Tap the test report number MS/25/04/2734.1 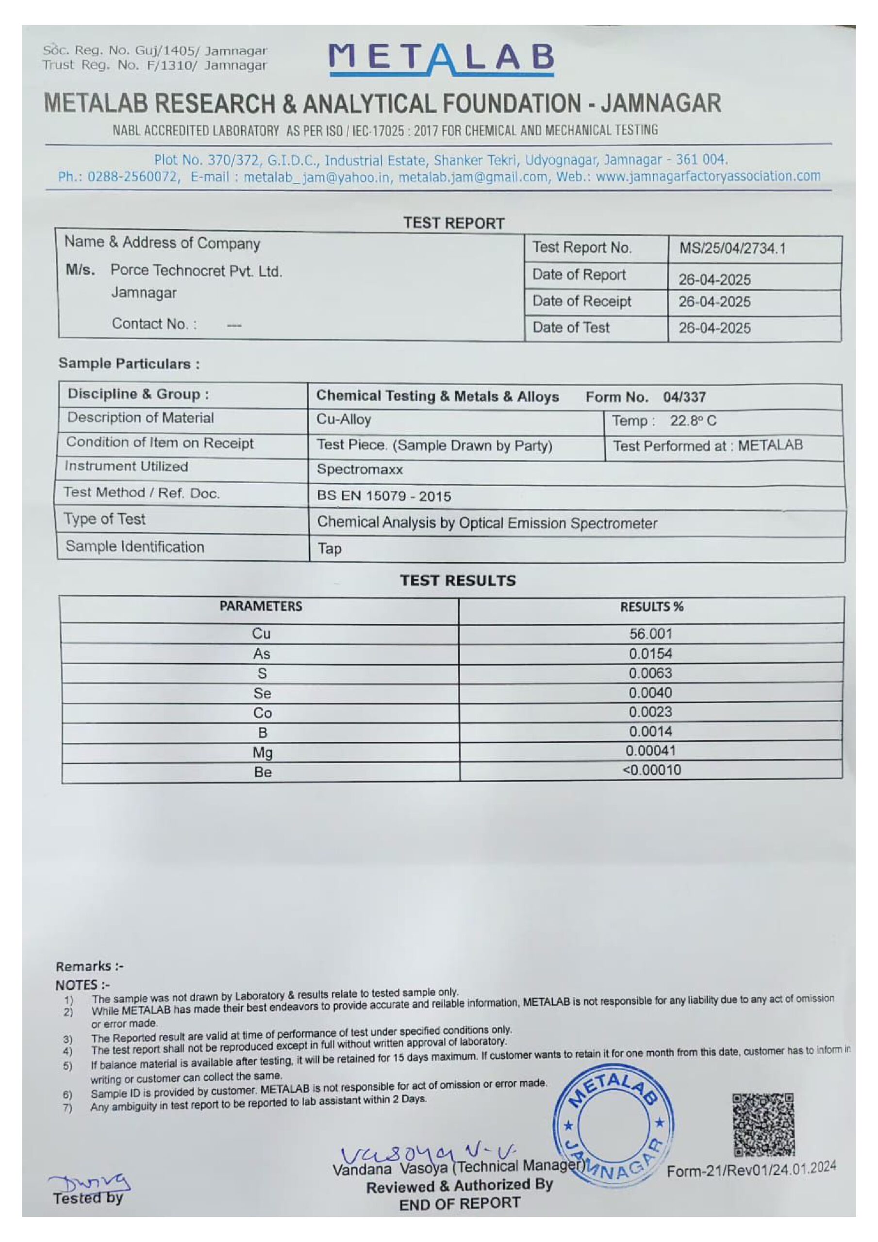pos(732,249)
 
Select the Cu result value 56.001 pos(650,634)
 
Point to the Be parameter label pos(263,772)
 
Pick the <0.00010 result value pos(651,770)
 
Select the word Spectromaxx pos(360,469)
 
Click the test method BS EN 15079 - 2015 pos(384,496)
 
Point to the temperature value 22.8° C pos(693,421)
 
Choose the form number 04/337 pos(684,397)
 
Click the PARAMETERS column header pos(260,606)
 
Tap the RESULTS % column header pos(651,607)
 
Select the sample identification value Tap pos(329,549)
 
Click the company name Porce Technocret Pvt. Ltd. pos(196,270)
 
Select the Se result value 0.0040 pos(650,692)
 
